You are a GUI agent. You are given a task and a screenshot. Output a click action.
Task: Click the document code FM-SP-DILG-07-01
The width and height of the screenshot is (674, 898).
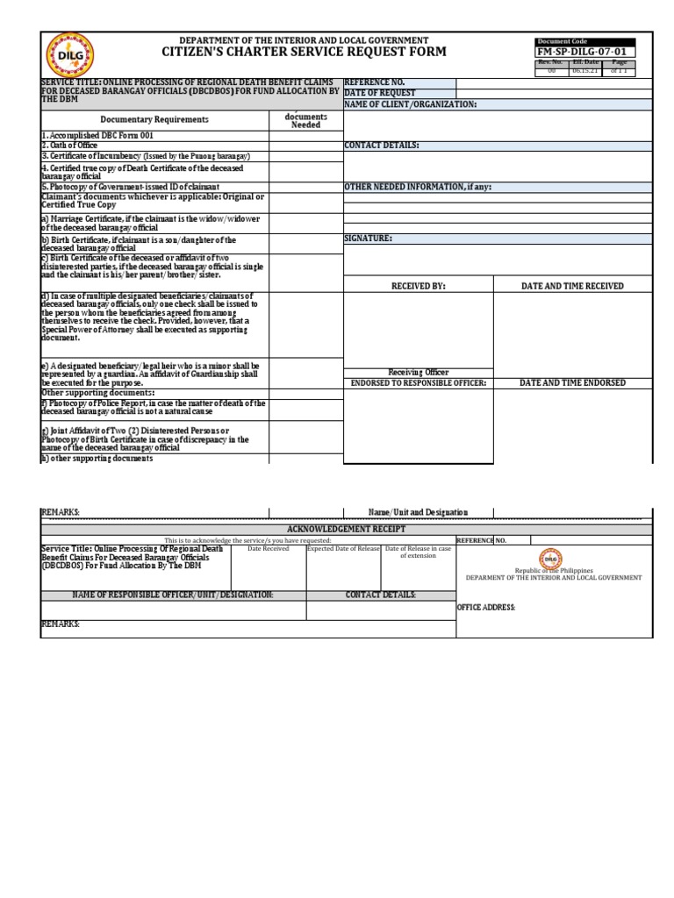(x=585, y=53)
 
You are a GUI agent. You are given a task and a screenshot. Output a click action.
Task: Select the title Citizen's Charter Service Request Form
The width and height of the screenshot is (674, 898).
(x=304, y=53)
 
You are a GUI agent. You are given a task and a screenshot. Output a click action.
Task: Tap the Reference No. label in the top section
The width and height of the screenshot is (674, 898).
(x=374, y=82)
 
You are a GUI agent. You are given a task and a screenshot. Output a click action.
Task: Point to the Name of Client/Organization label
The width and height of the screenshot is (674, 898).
(x=411, y=103)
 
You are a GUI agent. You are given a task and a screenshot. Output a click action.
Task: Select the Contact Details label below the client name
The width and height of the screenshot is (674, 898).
(x=382, y=145)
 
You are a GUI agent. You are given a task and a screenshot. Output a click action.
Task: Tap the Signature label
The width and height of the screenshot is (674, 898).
(x=368, y=238)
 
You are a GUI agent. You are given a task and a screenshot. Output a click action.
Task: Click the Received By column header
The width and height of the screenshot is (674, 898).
(x=418, y=286)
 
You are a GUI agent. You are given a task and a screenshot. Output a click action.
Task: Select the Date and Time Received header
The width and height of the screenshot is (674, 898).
(x=572, y=286)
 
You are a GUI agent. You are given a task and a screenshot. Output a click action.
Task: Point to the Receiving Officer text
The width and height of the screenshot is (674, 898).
(x=418, y=373)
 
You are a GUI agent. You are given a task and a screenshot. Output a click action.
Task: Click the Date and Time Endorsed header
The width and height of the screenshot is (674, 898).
(x=572, y=383)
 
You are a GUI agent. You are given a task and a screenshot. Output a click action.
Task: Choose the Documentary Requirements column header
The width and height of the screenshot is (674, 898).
(x=154, y=119)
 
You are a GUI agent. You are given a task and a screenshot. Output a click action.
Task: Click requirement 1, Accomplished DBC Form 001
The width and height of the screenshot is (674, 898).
(x=97, y=136)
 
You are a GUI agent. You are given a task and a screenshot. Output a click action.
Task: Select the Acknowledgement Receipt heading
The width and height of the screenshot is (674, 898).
(x=347, y=531)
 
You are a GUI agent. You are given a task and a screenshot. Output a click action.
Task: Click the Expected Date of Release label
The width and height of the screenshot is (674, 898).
(x=343, y=549)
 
